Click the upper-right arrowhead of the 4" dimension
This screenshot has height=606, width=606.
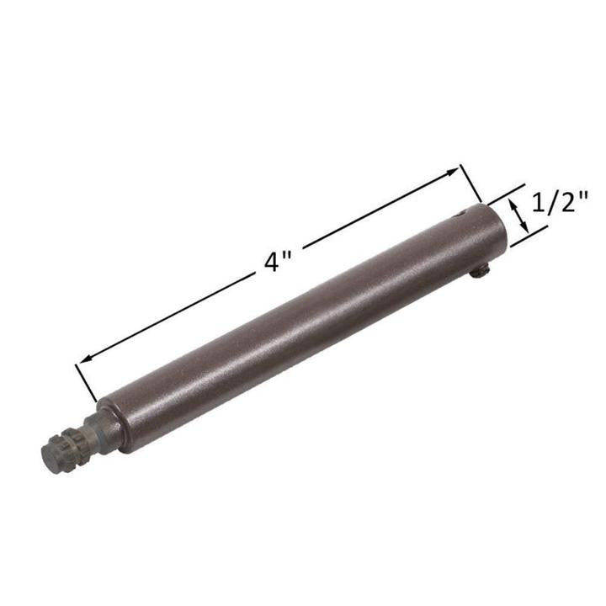(454, 173)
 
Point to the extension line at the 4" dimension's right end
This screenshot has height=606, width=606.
(470, 185)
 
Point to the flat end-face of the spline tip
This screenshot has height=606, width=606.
(49, 457)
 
